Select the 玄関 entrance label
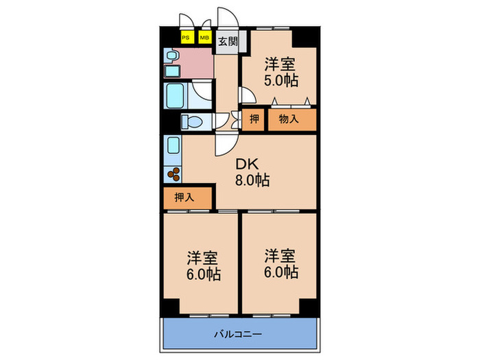click(x=228, y=41)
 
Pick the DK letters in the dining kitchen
click(x=248, y=165)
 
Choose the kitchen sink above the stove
click(x=172, y=146)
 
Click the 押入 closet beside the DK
click(x=183, y=197)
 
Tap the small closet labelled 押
click(x=254, y=120)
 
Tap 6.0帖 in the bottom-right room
click(x=281, y=272)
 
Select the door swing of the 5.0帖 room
click(x=245, y=97)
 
